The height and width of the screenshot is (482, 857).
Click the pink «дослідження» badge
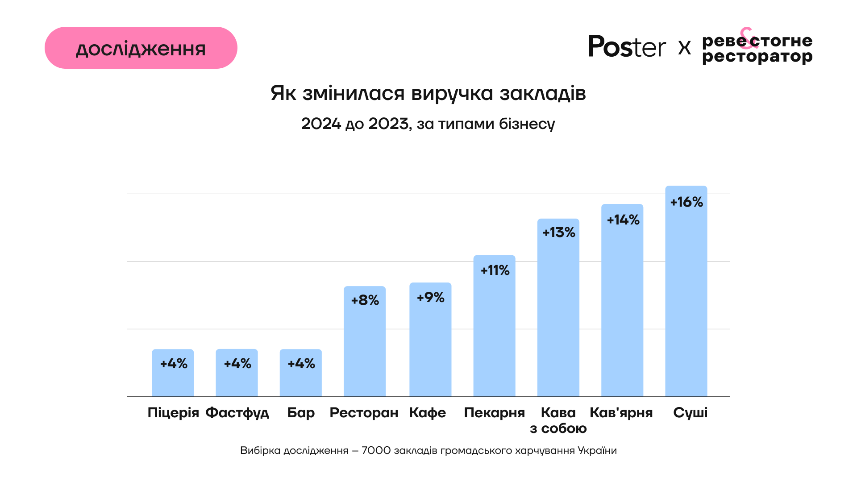pos(141,48)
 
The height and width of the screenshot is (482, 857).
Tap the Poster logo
pos(627,46)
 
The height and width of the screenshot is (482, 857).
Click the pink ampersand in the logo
pos(748,38)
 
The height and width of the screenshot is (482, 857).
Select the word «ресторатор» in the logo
pos(757,57)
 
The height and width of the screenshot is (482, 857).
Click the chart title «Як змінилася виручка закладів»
pos(428,93)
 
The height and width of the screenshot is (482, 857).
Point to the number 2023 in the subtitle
pos(388,124)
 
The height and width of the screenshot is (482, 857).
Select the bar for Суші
pos(686,303)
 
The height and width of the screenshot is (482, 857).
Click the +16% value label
pos(686,202)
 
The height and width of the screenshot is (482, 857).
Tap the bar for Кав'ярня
pos(622,312)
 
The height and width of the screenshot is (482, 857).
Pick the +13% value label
pos(559,233)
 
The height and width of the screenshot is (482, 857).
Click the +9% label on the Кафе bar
pos(430,298)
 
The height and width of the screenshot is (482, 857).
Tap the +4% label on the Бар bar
pos(301,364)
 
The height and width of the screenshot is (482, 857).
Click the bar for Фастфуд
pos(237,379)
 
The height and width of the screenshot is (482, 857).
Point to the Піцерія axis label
pos(173,413)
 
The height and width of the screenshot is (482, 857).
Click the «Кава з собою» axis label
pos(558,420)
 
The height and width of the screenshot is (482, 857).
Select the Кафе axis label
pos(428,413)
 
